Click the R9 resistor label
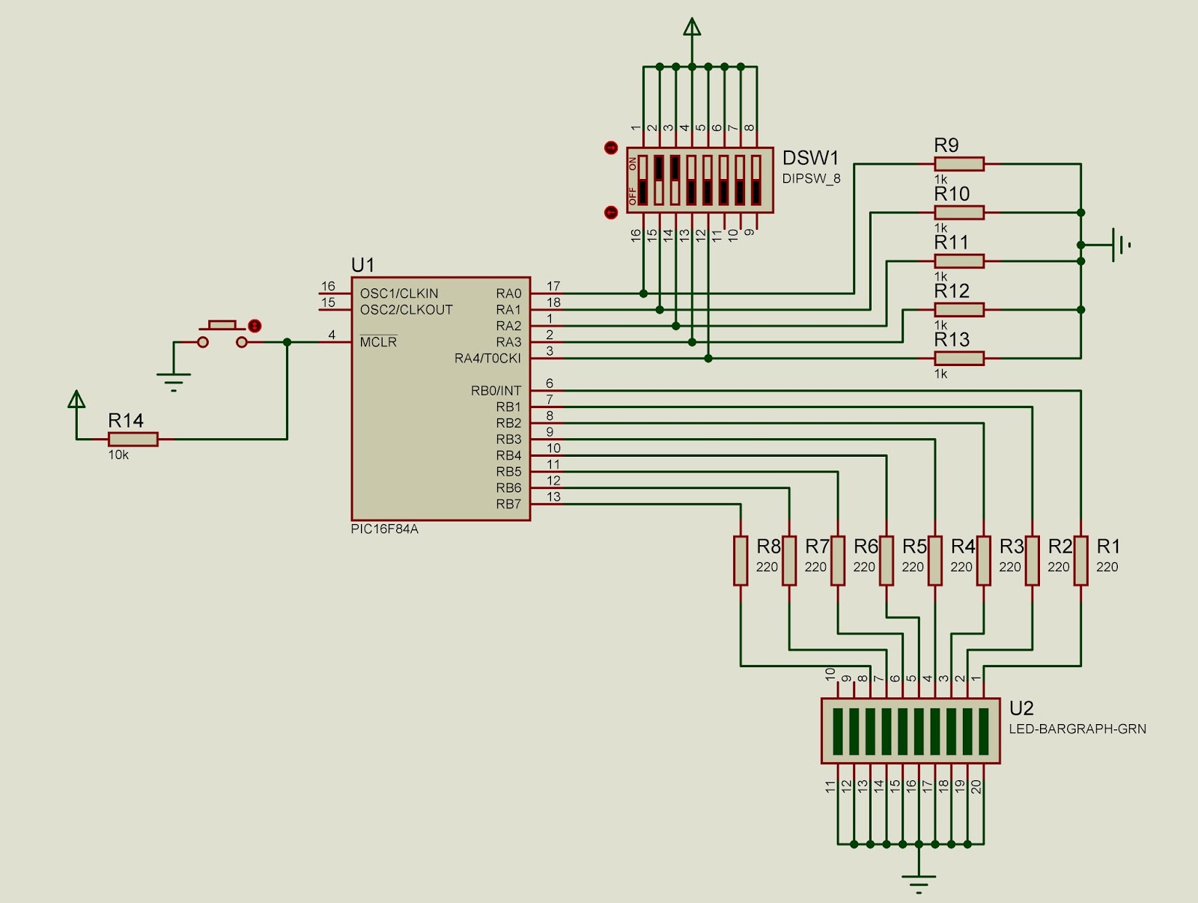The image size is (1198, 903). pos(946,145)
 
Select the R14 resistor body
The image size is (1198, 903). pos(133,440)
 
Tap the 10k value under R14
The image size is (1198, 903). pos(118,455)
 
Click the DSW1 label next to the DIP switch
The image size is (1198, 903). pos(810,158)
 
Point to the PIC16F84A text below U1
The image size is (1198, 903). pos(384,529)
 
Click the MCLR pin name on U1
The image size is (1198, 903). pos(378,342)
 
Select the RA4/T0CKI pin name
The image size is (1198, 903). pos(487,359)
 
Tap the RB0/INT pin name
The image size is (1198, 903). pos(496,391)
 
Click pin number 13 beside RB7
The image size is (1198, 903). pos(553,496)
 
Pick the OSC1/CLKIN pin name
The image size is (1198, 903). pos(399,294)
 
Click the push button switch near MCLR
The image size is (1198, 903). pos(222,335)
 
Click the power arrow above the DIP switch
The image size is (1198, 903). pos(692,28)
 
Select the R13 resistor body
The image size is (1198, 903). pos(959,359)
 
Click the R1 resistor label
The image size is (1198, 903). pos(1108,546)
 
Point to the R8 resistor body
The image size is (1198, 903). pos(741,560)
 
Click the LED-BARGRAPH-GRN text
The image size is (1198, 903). pos(1077,729)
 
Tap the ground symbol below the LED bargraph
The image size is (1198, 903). pos(919,882)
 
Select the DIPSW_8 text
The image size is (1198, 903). pos(811,179)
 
